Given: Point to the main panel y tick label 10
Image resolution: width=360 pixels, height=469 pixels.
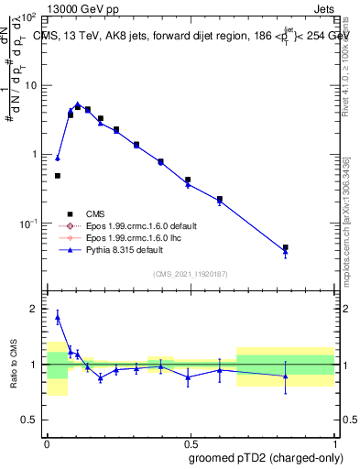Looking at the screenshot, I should point(29,85).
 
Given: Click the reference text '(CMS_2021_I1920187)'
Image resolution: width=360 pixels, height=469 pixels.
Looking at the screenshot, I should point(190,273).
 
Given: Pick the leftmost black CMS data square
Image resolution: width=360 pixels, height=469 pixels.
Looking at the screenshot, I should point(57,175).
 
